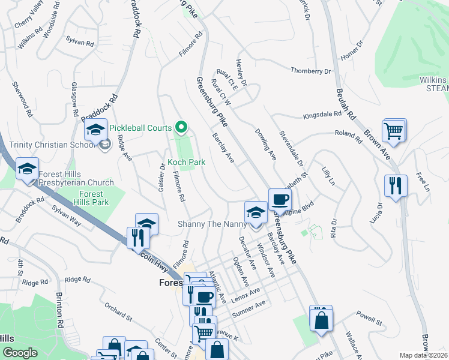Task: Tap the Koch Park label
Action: click(x=186, y=162)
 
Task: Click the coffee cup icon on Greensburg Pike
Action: click(x=280, y=199)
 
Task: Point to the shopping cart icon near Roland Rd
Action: click(x=393, y=130)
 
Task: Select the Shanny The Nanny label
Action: click(x=212, y=224)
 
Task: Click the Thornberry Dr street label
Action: click(x=311, y=71)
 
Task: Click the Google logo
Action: click(x=20, y=353)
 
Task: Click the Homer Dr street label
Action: click(x=352, y=52)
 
